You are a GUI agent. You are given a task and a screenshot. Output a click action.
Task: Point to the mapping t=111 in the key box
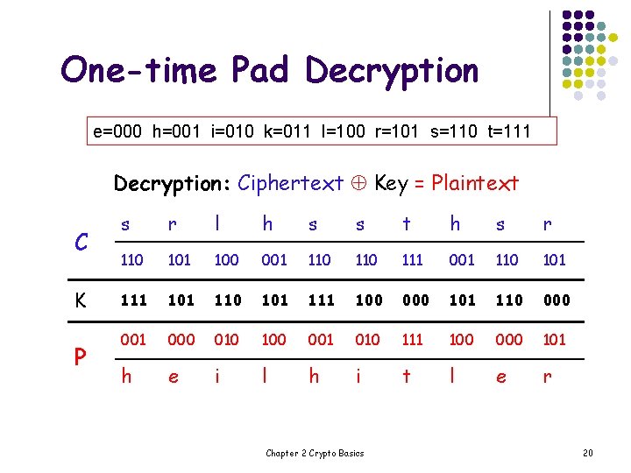pyautogui.click(x=506, y=132)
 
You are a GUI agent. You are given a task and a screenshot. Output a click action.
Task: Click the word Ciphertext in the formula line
pyautogui.click(x=290, y=183)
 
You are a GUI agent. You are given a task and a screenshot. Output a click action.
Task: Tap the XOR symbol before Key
pyautogui.click(x=358, y=184)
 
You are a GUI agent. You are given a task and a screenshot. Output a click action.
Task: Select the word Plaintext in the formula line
pyautogui.click(x=474, y=183)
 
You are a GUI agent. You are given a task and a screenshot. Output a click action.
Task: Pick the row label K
pyautogui.click(x=80, y=300)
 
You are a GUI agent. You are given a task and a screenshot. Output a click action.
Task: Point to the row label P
pyautogui.click(x=80, y=358)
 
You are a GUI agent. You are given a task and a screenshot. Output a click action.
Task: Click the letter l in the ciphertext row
pyautogui.click(x=216, y=224)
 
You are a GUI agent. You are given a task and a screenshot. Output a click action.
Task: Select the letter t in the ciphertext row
pyautogui.click(x=406, y=224)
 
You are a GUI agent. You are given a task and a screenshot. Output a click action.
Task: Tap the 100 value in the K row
pyautogui.click(x=368, y=300)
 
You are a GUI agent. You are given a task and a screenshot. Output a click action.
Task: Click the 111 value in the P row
pyautogui.click(x=413, y=340)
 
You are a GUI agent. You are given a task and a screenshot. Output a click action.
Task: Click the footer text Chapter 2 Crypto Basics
pyautogui.click(x=315, y=453)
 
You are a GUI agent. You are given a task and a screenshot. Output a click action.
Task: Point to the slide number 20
pyautogui.click(x=587, y=453)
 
